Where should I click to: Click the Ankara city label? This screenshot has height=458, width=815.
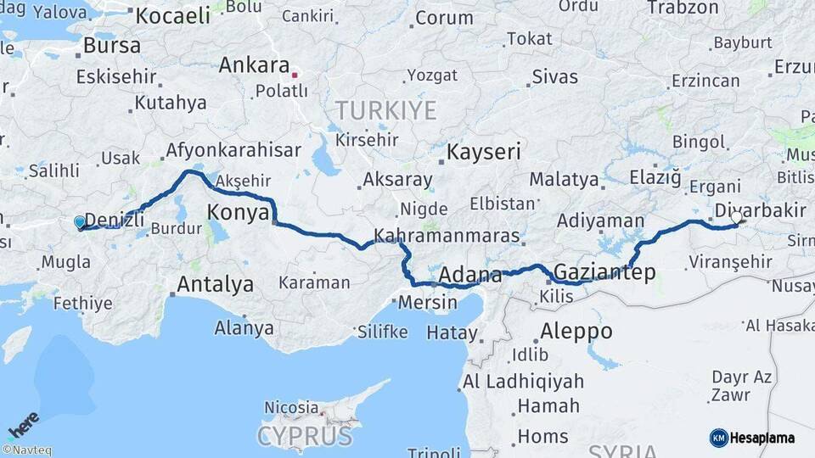(254, 65)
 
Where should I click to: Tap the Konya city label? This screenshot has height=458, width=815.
(239, 212)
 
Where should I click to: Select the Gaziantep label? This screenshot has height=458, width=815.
(604, 272)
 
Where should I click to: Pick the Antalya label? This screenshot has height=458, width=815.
(214, 284)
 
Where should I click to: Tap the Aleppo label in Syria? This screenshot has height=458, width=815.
(576, 331)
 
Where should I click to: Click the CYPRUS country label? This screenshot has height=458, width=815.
(305, 437)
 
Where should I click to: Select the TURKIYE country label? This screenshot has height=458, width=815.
(385, 110)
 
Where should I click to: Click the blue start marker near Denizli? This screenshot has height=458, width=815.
(80, 222)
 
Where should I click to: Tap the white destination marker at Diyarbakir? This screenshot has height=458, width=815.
(736, 217)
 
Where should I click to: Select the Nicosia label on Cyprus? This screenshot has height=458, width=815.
(291, 408)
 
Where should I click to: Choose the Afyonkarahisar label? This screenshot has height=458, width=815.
(233, 151)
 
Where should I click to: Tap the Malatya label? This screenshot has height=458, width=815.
(564, 179)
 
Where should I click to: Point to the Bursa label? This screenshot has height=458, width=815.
(112, 45)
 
